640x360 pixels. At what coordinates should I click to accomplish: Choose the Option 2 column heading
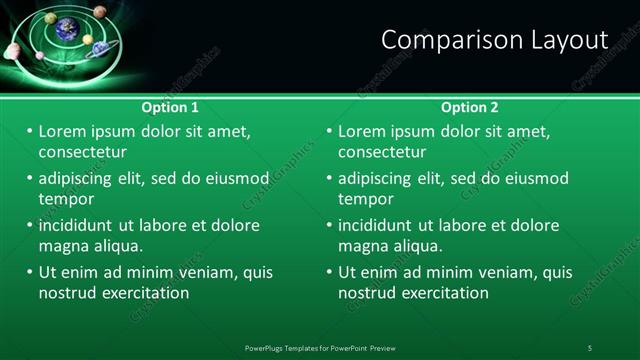point(470,107)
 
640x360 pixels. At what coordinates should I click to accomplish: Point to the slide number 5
point(590,347)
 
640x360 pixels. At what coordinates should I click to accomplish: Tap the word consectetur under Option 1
point(82,152)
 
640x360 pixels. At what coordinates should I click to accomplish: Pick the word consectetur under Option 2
point(382,152)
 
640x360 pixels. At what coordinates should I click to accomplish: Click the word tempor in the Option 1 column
point(66,198)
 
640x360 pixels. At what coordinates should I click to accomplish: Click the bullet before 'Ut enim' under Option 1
point(30,272)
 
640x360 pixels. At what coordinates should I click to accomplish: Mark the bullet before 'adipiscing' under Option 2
point(330,179)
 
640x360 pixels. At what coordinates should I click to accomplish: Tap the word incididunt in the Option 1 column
point(80,225)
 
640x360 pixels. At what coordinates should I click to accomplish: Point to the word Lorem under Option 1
point(63,131)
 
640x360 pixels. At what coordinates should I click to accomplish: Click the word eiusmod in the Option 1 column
point(237,179)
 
